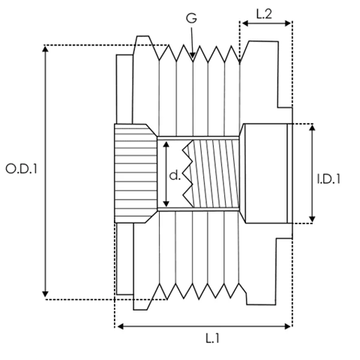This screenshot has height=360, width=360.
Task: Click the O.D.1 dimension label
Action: (21, 169)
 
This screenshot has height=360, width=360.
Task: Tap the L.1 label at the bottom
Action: (212, 338)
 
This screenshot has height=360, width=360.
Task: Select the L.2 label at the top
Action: (264, 14)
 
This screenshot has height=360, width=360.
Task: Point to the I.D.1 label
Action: (328, 179)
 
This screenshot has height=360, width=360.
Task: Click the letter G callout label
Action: (191, 18)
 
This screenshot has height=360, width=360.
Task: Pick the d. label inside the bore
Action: (175, 175)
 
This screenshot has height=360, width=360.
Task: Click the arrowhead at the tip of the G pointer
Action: (192, 55)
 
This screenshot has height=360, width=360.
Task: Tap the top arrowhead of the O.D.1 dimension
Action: (45, 49)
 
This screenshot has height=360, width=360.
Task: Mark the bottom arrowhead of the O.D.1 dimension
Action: (45, 294)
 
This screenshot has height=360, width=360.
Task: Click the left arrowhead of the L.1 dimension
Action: (121, 326)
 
